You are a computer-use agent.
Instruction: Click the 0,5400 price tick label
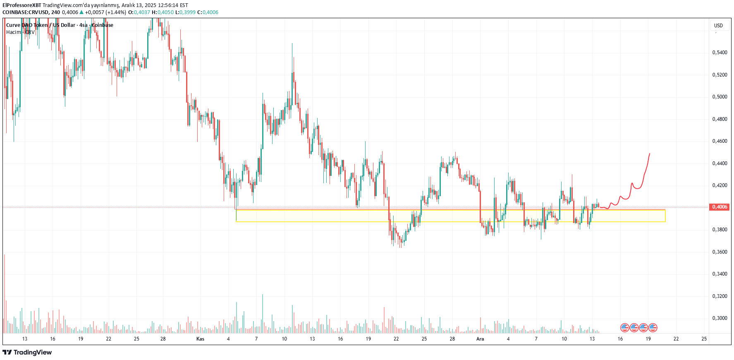point(720,53)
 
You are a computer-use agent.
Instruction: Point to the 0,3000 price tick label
point(720,318)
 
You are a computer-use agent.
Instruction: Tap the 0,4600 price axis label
point(720,141)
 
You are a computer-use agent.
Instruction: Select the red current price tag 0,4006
point(720,207)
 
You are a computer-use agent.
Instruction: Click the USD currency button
point(718,26)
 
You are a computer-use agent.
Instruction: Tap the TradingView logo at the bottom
point(27,352)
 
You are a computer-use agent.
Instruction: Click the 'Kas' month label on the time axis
point(200,339)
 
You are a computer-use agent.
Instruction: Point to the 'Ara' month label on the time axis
point(480,339)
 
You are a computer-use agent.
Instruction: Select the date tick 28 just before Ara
point(452,339)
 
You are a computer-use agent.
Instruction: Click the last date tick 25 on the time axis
point(704,339)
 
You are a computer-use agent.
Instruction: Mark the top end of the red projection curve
point(650,154)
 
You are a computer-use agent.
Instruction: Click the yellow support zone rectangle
point(450,216)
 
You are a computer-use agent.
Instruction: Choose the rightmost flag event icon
point(653,328)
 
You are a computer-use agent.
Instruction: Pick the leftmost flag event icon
point(625,328)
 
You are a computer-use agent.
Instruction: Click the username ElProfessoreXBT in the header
point(22,5)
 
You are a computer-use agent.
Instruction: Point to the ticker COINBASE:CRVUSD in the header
point(26,12)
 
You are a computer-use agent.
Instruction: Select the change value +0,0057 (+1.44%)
point(105,12)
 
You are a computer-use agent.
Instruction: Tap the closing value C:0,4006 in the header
point(208,12)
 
